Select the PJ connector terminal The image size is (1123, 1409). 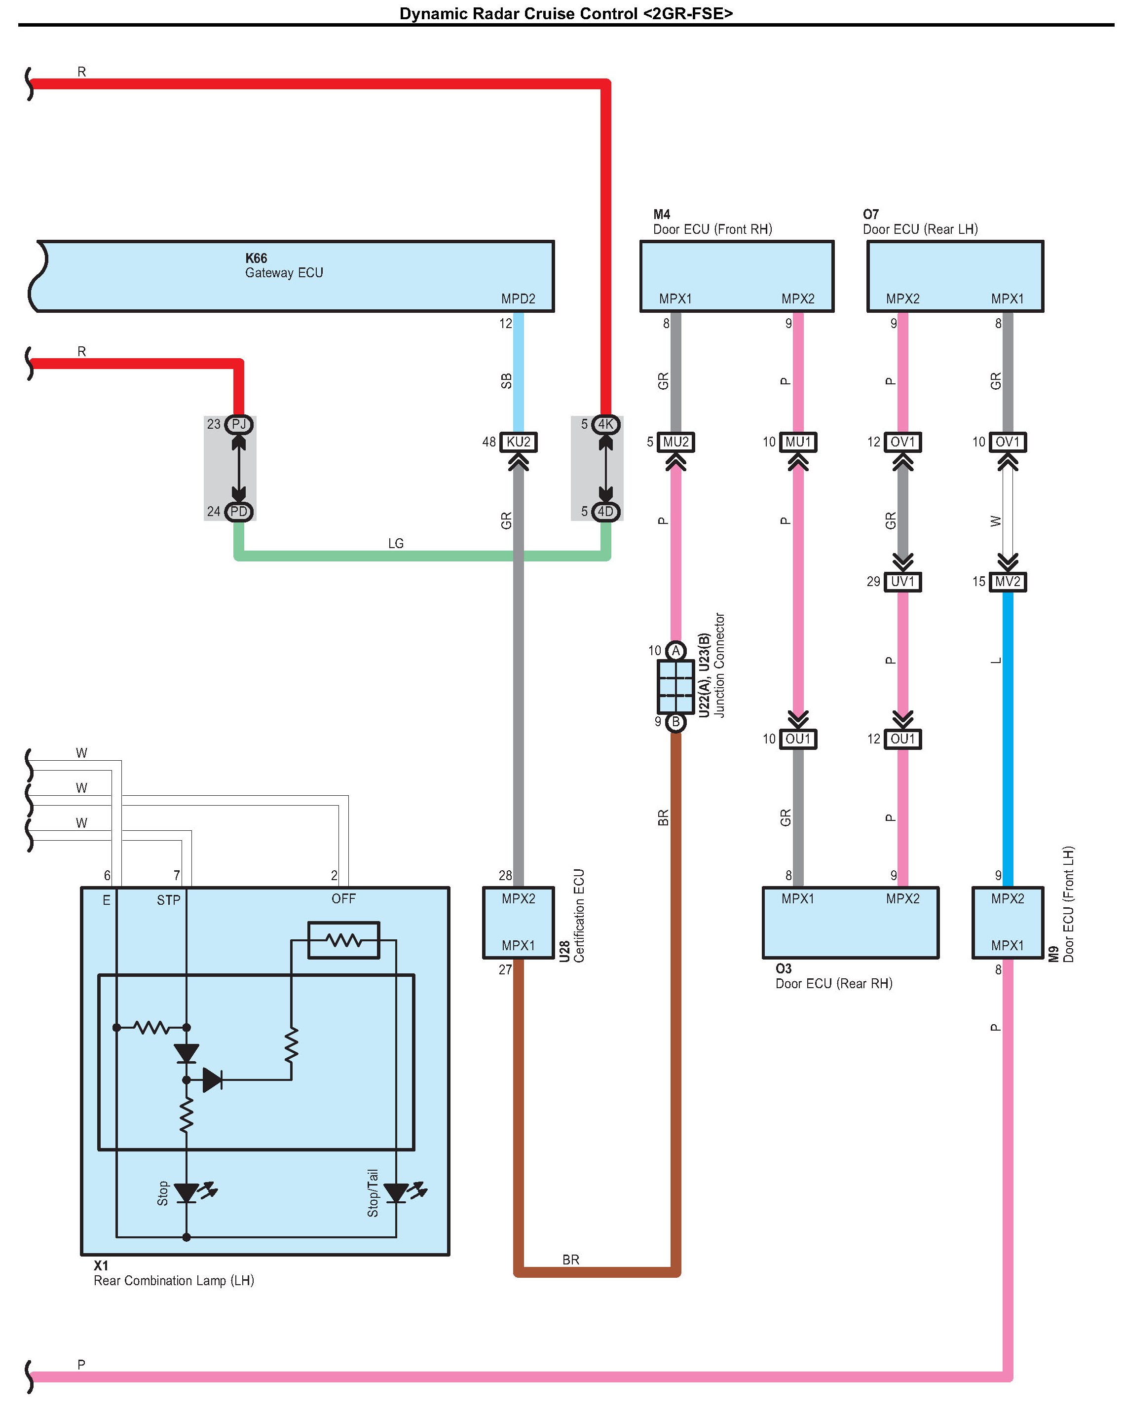point(239,424)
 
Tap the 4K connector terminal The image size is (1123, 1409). point(605,424)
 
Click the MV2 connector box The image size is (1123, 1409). point(1008,581)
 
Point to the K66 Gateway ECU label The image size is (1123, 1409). point(284,265)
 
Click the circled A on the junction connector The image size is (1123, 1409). point(675,650)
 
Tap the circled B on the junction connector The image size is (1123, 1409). point(675,722)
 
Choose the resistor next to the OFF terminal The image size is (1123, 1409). point(343,940)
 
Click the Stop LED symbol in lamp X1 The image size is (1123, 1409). point(187,1193)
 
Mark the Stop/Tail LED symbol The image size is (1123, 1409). point(397,1193)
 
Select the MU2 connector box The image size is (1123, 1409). point(675,442)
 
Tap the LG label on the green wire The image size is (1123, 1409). point(396,543)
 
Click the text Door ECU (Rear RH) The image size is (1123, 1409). point(833,984)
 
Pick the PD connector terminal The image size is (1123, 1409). point(239,512)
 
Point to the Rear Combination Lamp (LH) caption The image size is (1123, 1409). point(173,1280)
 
